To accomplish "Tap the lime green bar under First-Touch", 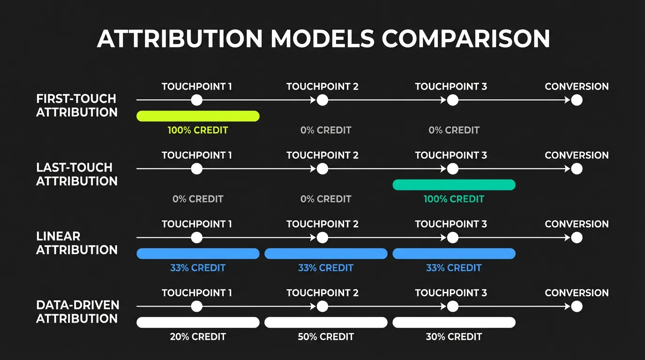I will (x=198, y=116).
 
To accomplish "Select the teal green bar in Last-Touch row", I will (x=454, y=185).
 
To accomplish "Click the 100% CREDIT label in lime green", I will (x=198, y=130).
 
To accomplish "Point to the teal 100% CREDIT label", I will (x=454, y=199).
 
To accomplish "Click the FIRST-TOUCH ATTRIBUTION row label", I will (x=77, y=105).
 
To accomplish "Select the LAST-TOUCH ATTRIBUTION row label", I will (x=77, y=174).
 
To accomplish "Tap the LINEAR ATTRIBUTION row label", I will (x=77, y=243).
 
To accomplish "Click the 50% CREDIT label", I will (x=326, y=337).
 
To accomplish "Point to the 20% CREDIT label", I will (x=198, y=337).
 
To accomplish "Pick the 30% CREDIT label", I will (x=454, y=337).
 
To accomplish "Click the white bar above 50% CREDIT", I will (x=326, y=322).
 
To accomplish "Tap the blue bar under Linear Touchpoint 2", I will (x=326, y=254).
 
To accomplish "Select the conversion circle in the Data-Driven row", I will (x=577, y=307).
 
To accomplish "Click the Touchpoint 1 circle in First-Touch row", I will (x=197, y=100).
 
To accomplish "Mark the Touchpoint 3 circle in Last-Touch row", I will (x=452, y=169).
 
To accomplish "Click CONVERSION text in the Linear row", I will (x=577, y=224).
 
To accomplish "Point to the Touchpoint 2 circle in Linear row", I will (x=322, y=238).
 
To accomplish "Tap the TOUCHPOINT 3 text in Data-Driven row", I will (x=451, y=293).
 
